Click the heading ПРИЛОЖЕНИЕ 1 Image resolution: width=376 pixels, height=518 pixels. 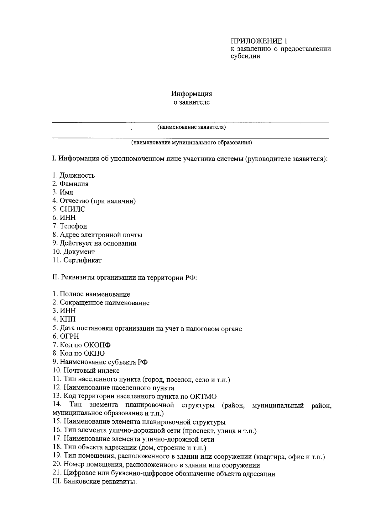pos(258,41)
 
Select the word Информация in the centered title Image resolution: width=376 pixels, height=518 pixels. pos(191,94)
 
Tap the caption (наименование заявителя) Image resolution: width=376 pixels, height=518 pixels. pos(191,127)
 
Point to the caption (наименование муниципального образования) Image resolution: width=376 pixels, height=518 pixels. pos(191,143)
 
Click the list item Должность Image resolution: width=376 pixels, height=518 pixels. pos(74,175)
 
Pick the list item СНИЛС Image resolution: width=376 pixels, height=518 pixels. pos(69,209)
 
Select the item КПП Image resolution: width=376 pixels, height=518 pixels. pos(64,319)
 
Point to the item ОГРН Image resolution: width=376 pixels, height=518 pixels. pos(65,337)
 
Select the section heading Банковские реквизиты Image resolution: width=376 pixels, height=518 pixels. pos(95,482)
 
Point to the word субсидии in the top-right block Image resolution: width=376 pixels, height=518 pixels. pos(245,57)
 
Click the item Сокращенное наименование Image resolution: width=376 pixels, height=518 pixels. pos(101,303)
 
